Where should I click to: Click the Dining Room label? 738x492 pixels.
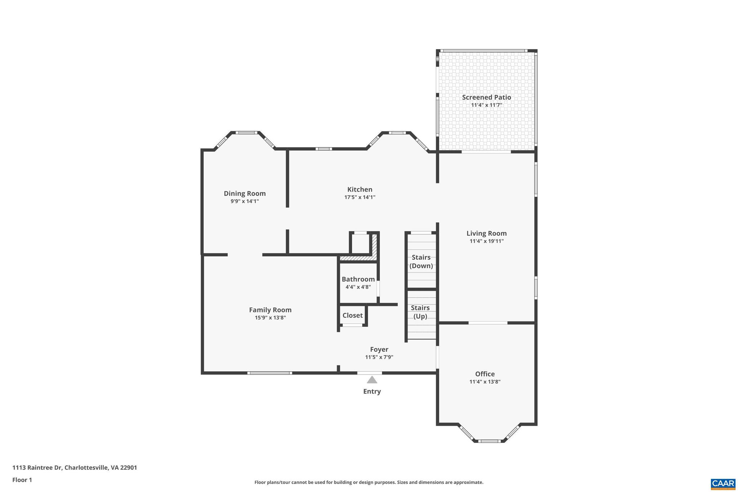click(x=245, y=194)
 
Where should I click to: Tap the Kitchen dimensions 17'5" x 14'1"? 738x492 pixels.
click(x=360, y=197)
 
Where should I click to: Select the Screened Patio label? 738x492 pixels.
click(x=486, y=97)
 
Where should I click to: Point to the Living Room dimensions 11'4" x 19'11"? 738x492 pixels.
click(x=486, y=241)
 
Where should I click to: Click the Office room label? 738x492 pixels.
click(x=485, y=374)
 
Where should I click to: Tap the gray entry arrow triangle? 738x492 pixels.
click(x=372, y=380)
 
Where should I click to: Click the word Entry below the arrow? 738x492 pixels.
click(x=372, y=391)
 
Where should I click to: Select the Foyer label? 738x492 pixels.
click(x=379, y=349)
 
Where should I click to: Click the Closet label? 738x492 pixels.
click(x=352, y=315)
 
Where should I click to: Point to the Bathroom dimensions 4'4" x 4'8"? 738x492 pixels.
click(x=358, y=287)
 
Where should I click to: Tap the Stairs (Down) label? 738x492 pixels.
click(x=421, y=261)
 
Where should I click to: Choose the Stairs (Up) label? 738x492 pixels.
click(x=420, y=312)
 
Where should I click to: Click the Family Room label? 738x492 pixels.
click(x=270, y=310)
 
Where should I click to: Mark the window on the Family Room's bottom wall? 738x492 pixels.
click(x=270, y=373)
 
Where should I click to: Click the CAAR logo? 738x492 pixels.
click(x=723, y=483)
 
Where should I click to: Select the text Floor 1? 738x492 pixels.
click(x=22, y=480)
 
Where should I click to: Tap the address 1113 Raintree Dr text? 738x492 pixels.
click(x=75, y=467)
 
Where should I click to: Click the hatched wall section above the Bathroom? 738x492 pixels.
click(x=358, y=258)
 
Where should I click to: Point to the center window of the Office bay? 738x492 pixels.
click(x=489, y=441)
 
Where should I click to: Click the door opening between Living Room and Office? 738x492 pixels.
click(x=488, y=323)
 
